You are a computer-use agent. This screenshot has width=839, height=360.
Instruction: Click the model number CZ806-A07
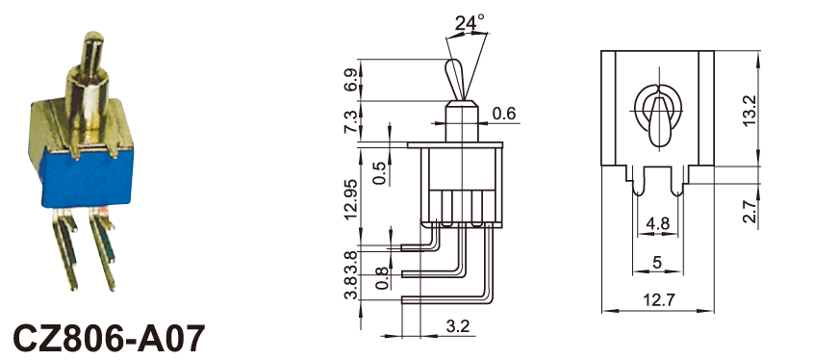click(x=109, y=338)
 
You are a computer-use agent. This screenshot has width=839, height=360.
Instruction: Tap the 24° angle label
click(x=470, y=22)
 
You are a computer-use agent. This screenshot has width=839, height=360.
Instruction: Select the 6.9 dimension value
click(x=350, y=79)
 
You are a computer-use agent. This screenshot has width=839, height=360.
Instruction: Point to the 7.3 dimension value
click(x=350, y=122)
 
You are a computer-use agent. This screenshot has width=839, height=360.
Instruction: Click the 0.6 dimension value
click(x=503, y=114)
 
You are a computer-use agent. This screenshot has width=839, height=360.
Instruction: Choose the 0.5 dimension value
click(x=380, y=173)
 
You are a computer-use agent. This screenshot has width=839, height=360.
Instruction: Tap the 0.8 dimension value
click(x=382, y=279)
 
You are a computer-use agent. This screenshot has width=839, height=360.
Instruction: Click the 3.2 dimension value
click(x=456, y=325)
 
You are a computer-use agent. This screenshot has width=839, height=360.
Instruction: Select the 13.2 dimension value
click(x=750, y=111)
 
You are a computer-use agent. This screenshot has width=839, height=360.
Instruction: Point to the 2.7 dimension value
click(x=750, y=211)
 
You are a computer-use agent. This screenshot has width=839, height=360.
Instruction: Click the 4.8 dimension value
click(x=657, y=223)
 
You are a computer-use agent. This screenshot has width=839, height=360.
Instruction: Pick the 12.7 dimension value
click(x=659, y=300)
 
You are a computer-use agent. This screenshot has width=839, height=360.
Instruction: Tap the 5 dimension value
click(x=657, y=262)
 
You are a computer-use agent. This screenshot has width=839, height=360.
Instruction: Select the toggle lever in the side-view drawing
click(x=459, y=79)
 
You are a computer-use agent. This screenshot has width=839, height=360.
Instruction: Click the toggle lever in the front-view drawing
click(x=659, y=119)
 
